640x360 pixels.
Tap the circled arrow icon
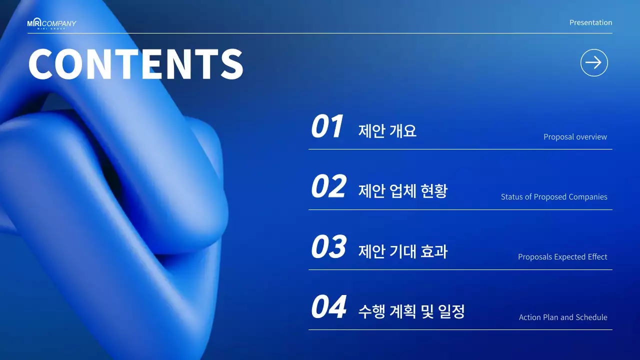tap(594, 63)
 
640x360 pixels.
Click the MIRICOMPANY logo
tap(51, 24)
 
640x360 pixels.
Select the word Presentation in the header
tap(590, 22)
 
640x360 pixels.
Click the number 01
tap(327, 126)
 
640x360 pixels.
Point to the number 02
tap(328, 187)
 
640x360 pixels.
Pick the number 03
tap(328, 247)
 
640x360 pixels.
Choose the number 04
tap(328, 307)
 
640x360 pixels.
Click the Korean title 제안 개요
tap(387, 131)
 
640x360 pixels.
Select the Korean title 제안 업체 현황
tap(403, 191)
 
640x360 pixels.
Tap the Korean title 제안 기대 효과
tap(403, 251)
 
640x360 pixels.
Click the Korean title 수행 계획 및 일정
tap(411, 311)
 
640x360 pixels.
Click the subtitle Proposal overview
tap(575, 137)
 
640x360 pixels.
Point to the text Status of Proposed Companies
tap(554, 197)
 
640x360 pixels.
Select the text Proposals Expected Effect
tap(562, 257)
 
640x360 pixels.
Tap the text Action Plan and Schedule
tap(563, 317)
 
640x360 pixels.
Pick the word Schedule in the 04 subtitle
tap(591, 317)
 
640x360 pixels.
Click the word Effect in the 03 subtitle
tap(597, 257)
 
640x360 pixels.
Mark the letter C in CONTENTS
tap(41, 64)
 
